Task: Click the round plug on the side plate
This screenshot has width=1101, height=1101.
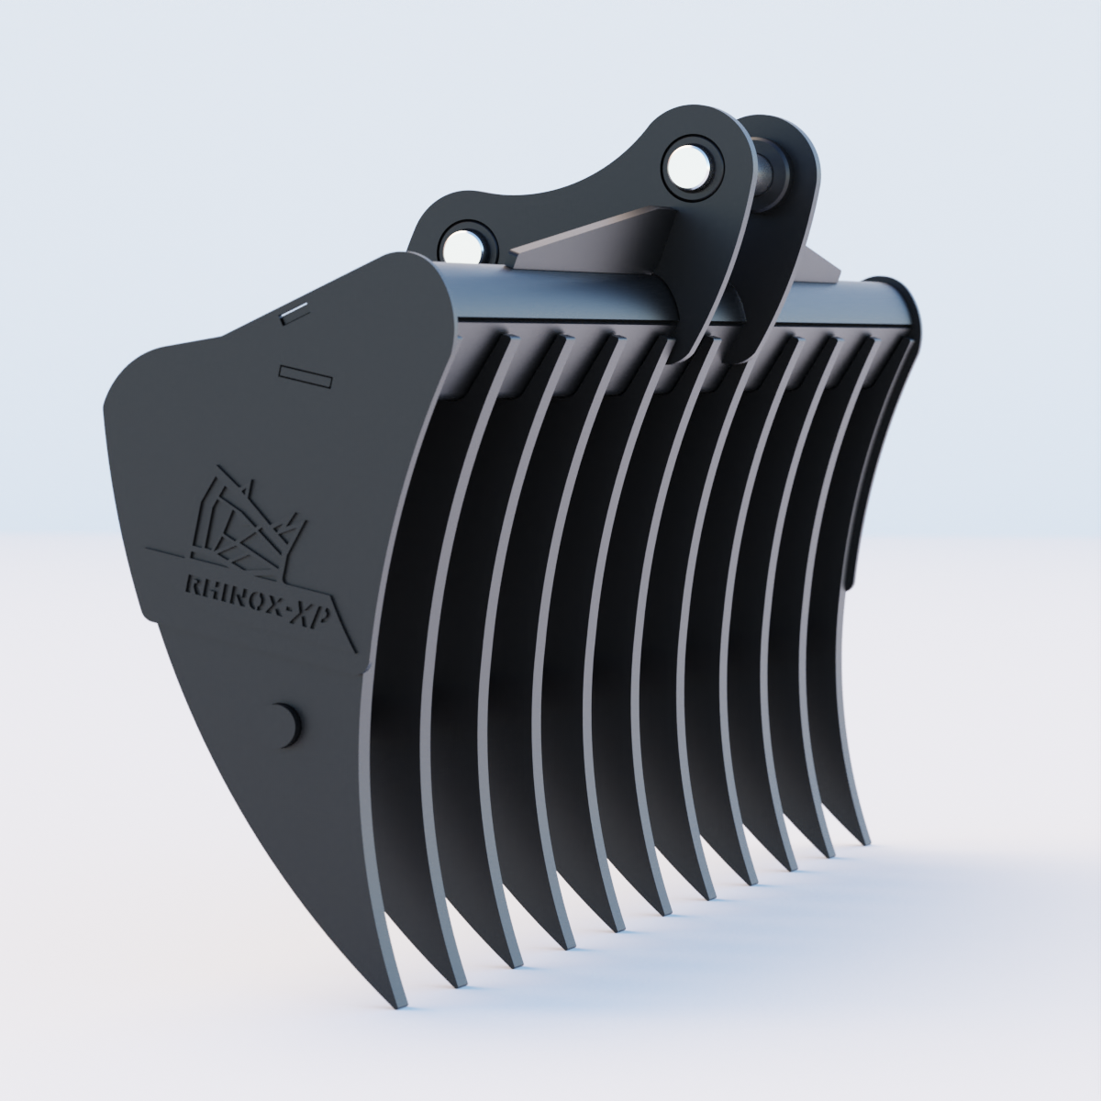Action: pos(285,723)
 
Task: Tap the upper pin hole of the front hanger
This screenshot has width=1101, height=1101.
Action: pos(685,164)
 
